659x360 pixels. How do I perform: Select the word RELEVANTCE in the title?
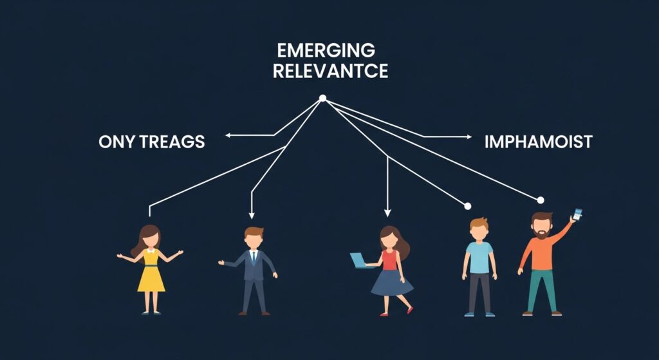tap(330, 71)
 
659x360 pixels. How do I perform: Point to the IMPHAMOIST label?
tap(538, 142)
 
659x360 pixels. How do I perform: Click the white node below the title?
tap(323, 99)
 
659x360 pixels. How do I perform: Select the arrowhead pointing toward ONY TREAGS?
tap(227, 135)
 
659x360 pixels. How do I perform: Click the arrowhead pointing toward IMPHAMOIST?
tap(469, 137)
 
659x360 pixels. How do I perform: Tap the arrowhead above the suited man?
tap(252, 216)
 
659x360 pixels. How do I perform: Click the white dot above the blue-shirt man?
tap(468, 206)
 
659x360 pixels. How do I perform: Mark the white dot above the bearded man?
tap(541, 200)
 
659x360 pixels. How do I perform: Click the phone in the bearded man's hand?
tap(577, 214)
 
